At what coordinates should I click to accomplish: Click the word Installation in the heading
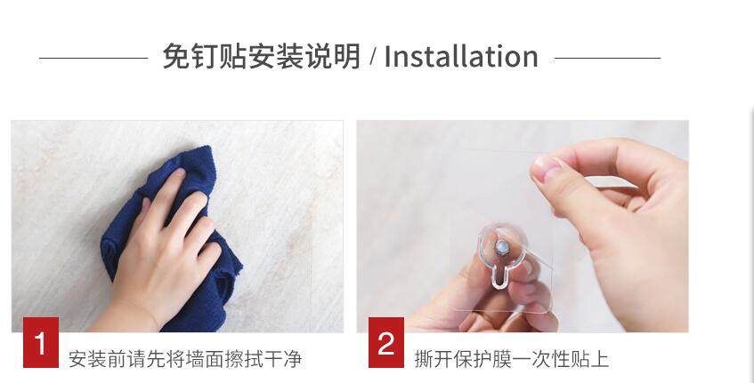pos(460,57)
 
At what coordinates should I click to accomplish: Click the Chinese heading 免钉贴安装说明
pos(261,57)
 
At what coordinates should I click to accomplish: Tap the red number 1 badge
pos(41,342)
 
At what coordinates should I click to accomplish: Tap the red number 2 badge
pos(386,342)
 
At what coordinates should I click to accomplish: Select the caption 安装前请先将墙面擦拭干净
pos(185,359)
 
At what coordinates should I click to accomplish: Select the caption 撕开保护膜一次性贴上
pos(512,359)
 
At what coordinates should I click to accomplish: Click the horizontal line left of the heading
pos(93,58)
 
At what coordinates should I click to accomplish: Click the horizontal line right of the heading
pos(607,58)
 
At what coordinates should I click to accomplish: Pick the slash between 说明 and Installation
pos(373,57)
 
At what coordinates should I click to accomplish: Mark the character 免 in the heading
pos(175,57)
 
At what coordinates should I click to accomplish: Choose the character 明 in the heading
pos(347,57)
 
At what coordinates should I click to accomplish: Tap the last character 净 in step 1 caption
pos(292,359)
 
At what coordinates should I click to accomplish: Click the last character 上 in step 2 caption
pos(600,359)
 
